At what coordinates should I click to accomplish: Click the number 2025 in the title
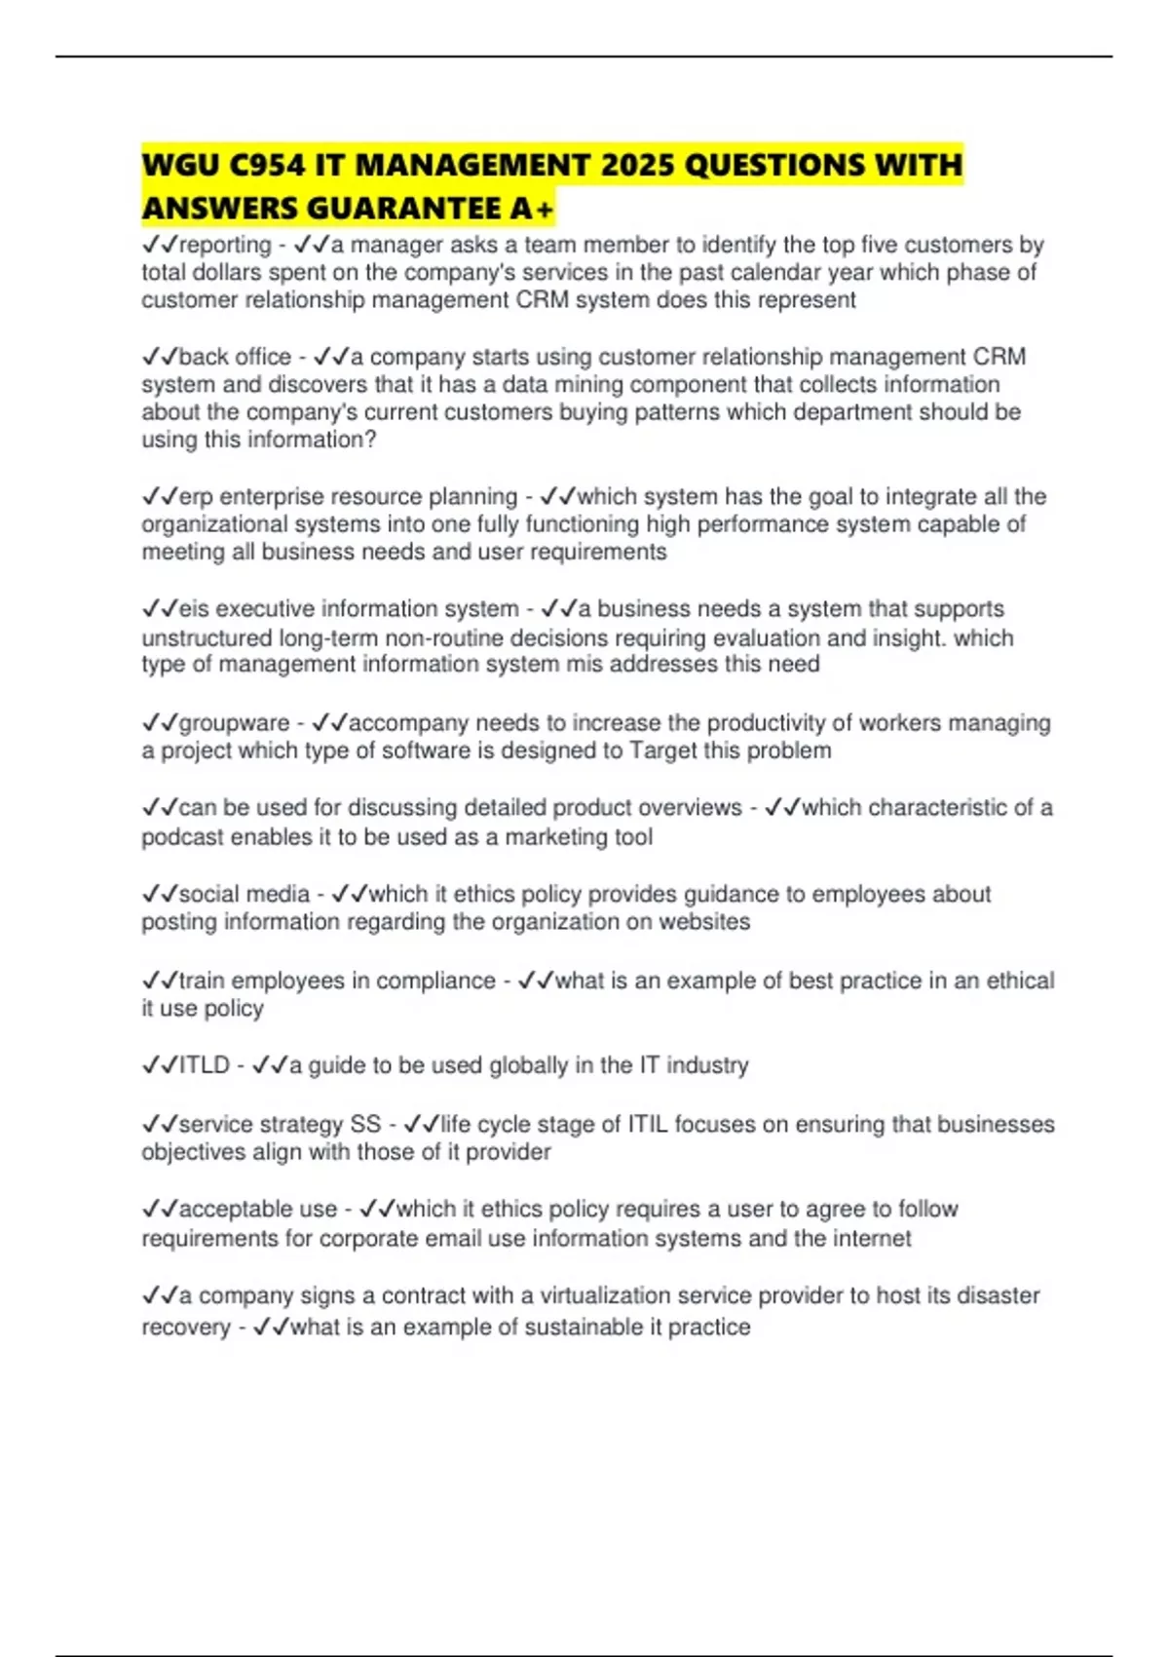(x=637, y=165)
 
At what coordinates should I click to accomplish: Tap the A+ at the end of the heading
(x=532, y=209)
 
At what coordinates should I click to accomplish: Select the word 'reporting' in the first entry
(x=225, y=245)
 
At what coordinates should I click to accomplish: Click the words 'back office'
(x=235, y=357)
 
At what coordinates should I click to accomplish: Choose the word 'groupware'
(x=234, y=723)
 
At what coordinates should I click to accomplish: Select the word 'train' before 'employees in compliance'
(x=202, y=981)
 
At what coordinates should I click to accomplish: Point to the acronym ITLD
(x=204, y=1065)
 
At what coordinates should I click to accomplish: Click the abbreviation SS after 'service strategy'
(x=365, y=1124)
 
